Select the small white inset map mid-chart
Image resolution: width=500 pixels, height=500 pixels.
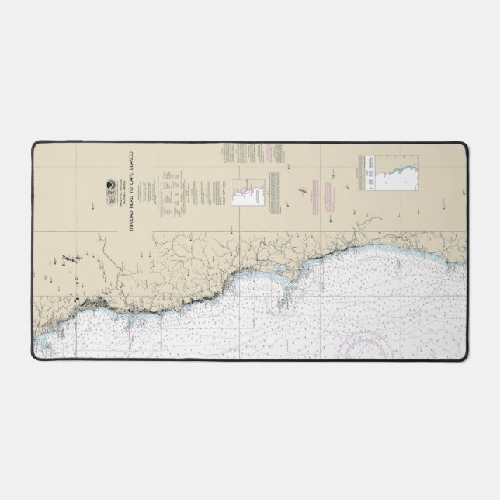pos(245,187)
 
